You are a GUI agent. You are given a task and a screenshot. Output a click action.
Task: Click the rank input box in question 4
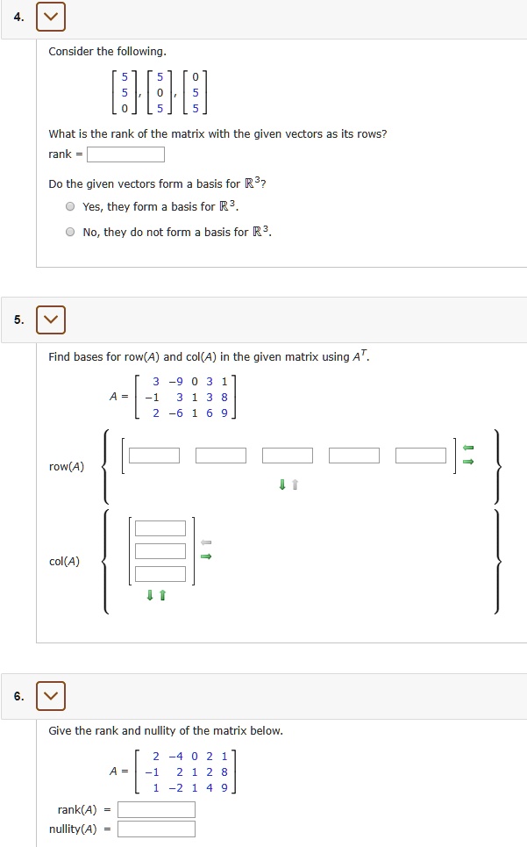pyautogui.click(x=125, y=155)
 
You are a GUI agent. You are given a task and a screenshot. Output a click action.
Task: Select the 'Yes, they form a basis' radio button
pyautogui.click(x=69, y=207)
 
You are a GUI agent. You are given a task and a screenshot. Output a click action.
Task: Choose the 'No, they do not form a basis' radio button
pyautogui.click(x=69, y=233)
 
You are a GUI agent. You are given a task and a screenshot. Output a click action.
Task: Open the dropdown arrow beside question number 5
pyautogui.click(x=51, y=319)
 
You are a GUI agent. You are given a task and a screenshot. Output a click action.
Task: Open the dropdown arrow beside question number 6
pyautogui.click(x=51, y=696)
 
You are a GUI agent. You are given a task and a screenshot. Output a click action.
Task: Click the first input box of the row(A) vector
pyautogui.click(x=154, y=456)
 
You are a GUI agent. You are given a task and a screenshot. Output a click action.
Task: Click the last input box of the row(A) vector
pyautogui.click(x=421, y=456)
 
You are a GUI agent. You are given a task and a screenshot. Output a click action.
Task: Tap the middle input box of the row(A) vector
pyautogui.click(x=288, y=456)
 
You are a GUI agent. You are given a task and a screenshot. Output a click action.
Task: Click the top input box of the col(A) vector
pyautogui.click(x=160, y=528)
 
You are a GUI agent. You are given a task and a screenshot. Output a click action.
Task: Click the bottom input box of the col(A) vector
pyautogui.click(x=160, y=574)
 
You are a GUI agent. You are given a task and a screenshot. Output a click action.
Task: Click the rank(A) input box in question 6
pyautogui.click(x=156, y=809)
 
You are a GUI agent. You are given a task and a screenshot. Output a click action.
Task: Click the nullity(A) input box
pyautogui.click(x=156, y=829)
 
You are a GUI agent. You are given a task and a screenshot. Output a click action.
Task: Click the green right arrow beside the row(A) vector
pyautogui.click(x=468, y=462)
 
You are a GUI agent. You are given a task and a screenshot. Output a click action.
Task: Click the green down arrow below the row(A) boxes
pyautogui.click(x=282, y=485)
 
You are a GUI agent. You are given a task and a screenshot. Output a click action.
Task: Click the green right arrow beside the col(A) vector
pyautogui.click(x=206, y=555)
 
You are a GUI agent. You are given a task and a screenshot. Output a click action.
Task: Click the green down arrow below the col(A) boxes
pyautogui.click(x=150, y=596)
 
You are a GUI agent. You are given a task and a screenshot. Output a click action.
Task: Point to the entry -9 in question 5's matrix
pyautogui.click(x=177, y=381)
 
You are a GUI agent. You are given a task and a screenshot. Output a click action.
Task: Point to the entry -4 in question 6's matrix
pyautogui.click(x=177, y=756)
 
